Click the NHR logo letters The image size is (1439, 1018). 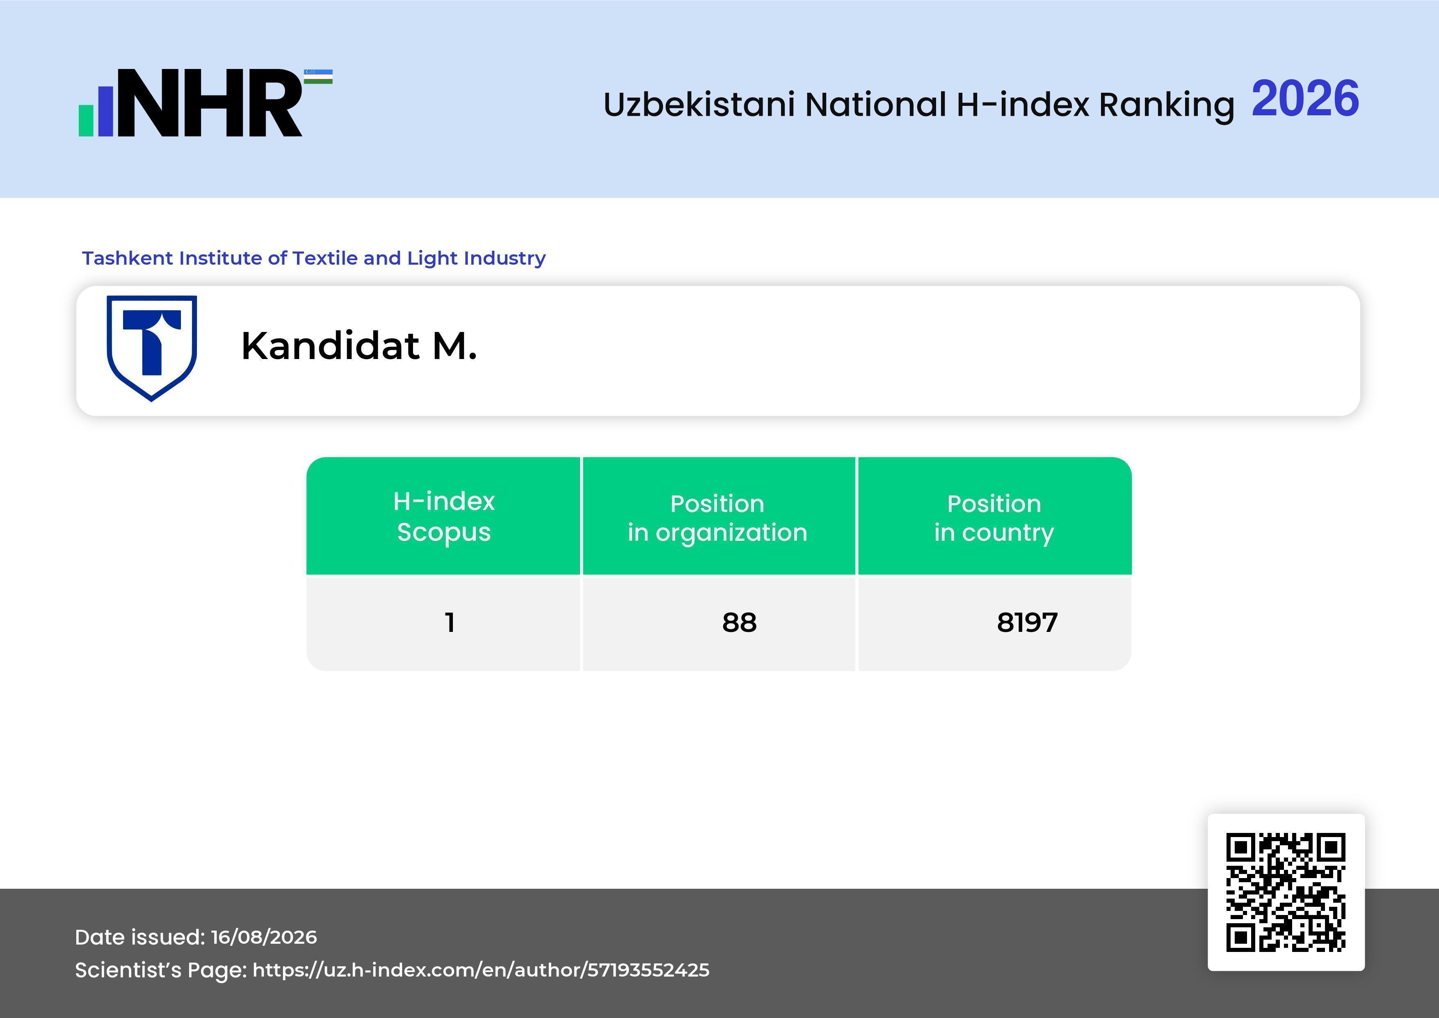[210, 103]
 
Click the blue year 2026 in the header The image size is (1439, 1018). [1306, 99]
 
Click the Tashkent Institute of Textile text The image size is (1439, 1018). [313, 258]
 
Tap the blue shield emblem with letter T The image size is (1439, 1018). [152, 348]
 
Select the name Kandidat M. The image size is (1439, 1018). [359, 346]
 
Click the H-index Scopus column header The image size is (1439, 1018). [444, 517]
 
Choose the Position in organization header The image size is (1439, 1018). [717, 518]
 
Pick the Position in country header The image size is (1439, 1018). [994, 518]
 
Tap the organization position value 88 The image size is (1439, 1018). [740, 622]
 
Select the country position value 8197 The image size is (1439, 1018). [1027, 622]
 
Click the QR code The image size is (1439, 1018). [1286, 892]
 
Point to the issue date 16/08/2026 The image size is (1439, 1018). [264, 937]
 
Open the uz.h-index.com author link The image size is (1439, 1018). [481, 970]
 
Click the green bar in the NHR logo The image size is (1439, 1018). [86, 120]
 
